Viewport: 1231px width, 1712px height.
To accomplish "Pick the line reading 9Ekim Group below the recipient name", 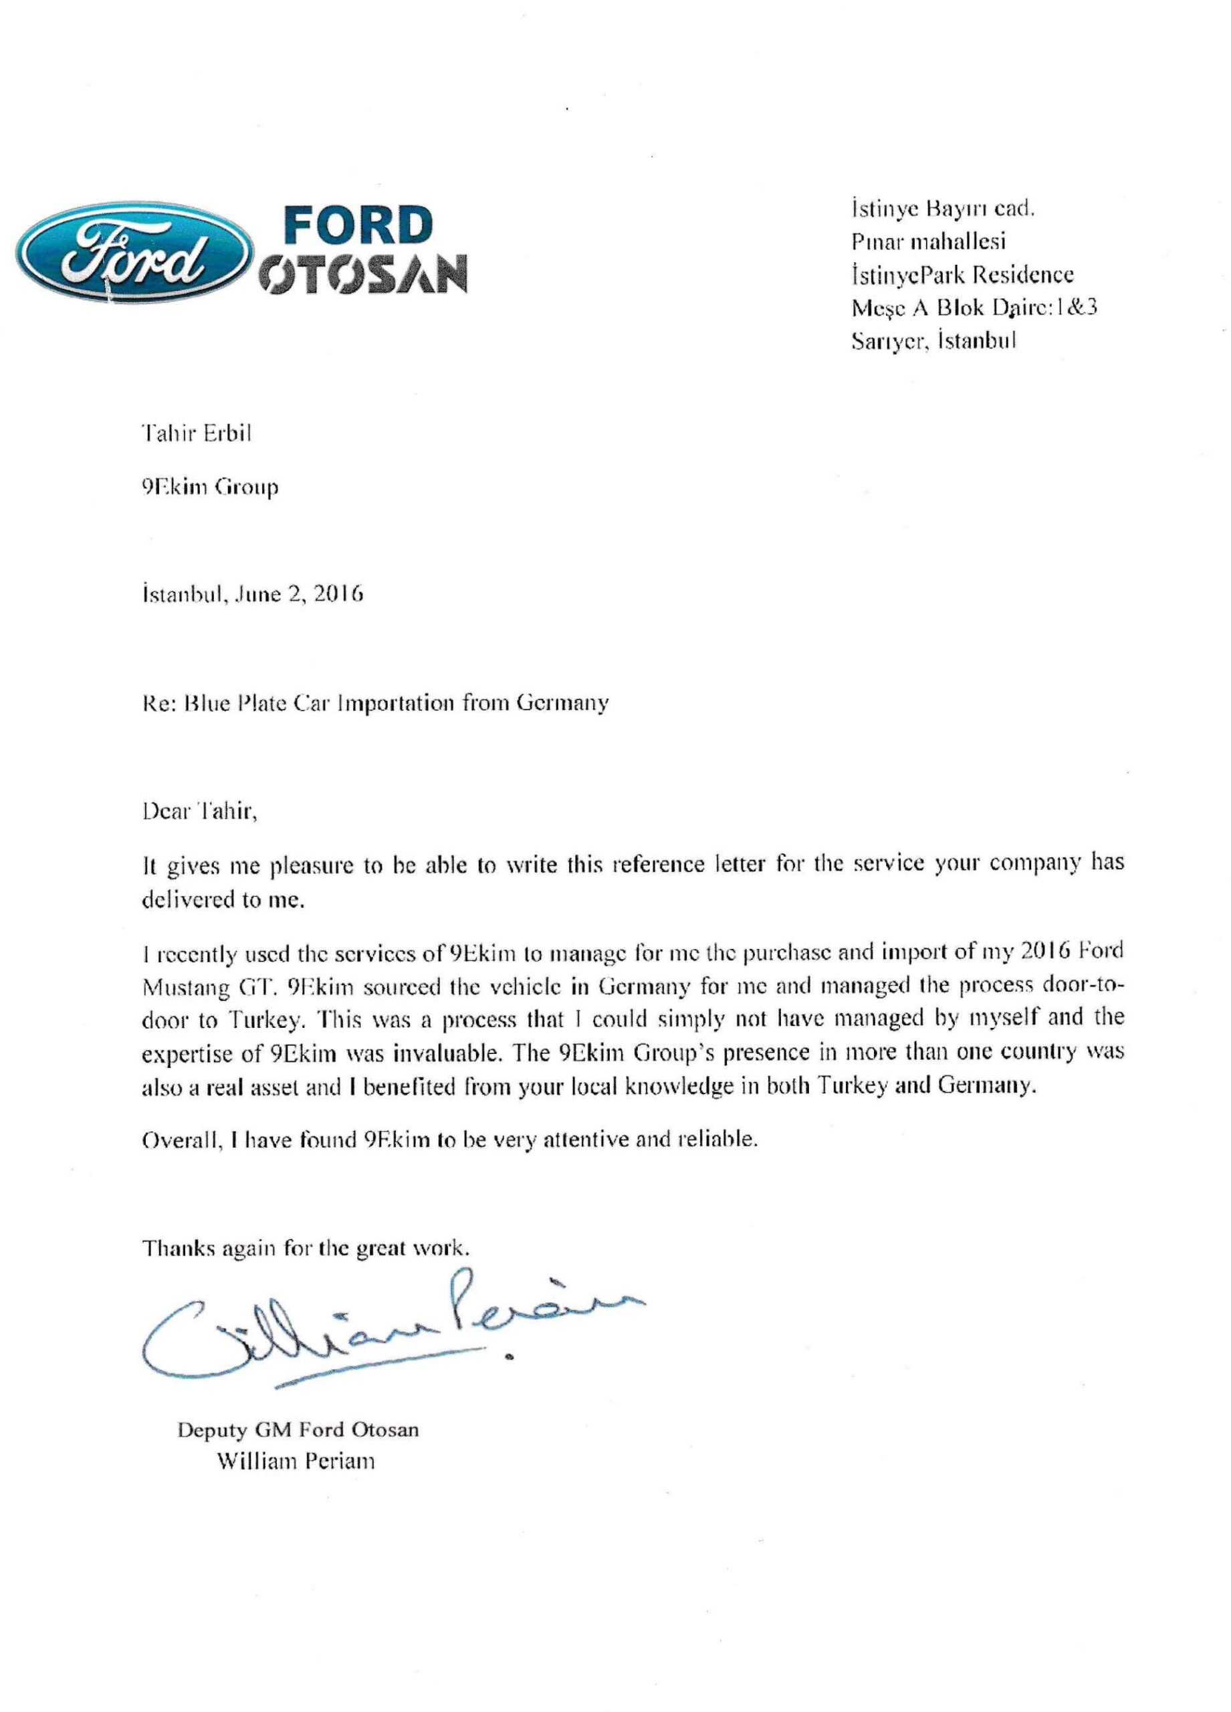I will point(211,488).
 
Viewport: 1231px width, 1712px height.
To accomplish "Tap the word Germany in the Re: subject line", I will point(562,704).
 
